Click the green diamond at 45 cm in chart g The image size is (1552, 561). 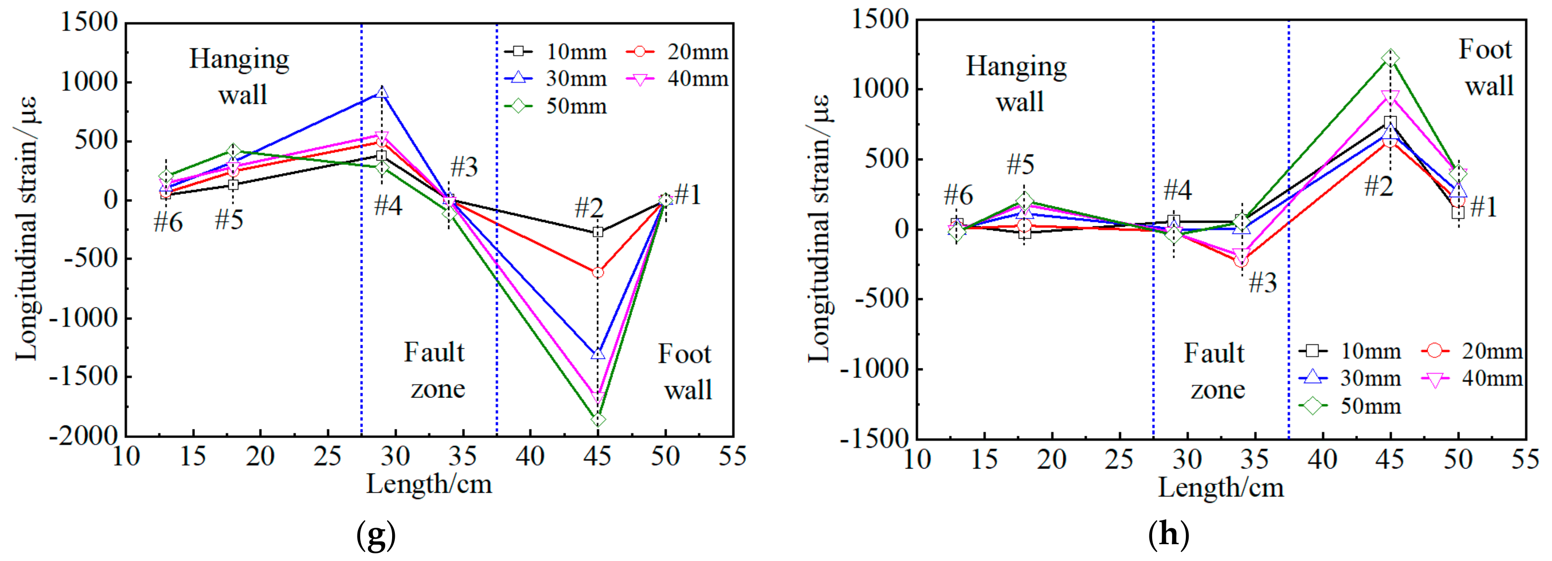597,419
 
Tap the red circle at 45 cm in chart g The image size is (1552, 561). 597,272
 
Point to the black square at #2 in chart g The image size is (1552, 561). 597,232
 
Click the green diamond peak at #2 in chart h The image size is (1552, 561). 1390,58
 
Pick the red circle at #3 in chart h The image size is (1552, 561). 1241,261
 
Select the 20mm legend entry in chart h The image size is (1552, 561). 1472,351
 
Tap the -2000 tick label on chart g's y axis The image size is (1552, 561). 84,435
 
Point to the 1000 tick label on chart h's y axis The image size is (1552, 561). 880,89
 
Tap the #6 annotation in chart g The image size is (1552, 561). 168,223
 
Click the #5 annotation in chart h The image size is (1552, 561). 1021,164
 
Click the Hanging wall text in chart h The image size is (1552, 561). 1017,83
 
